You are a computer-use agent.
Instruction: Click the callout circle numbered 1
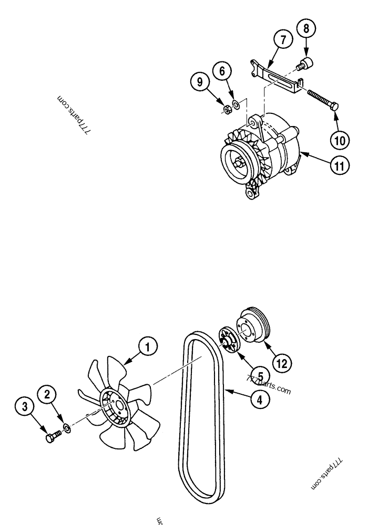(148, 346)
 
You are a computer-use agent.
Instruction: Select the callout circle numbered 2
(47, 394)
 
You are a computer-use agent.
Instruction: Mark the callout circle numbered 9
(199, 82)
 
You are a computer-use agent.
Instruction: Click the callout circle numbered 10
(340, 140)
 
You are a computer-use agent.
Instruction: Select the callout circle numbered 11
(340, 166)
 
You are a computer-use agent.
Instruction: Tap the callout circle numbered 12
(282, 363)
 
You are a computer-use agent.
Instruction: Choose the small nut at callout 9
(227, 109)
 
